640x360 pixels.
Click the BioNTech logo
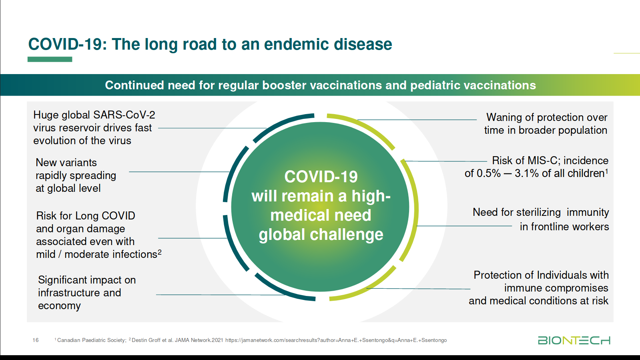(574, 340)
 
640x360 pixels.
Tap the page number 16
(36, 340)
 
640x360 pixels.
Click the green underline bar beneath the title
(50, 59)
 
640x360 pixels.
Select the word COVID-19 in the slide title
(67, 44)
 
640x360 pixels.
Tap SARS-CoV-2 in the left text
(124, 115)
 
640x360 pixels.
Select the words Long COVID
(105, 215)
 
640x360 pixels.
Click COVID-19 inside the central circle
(321, 177)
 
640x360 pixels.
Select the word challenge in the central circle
(347, 235)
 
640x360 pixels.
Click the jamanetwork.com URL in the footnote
(336, 340)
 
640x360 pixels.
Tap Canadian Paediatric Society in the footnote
(91, 340)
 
